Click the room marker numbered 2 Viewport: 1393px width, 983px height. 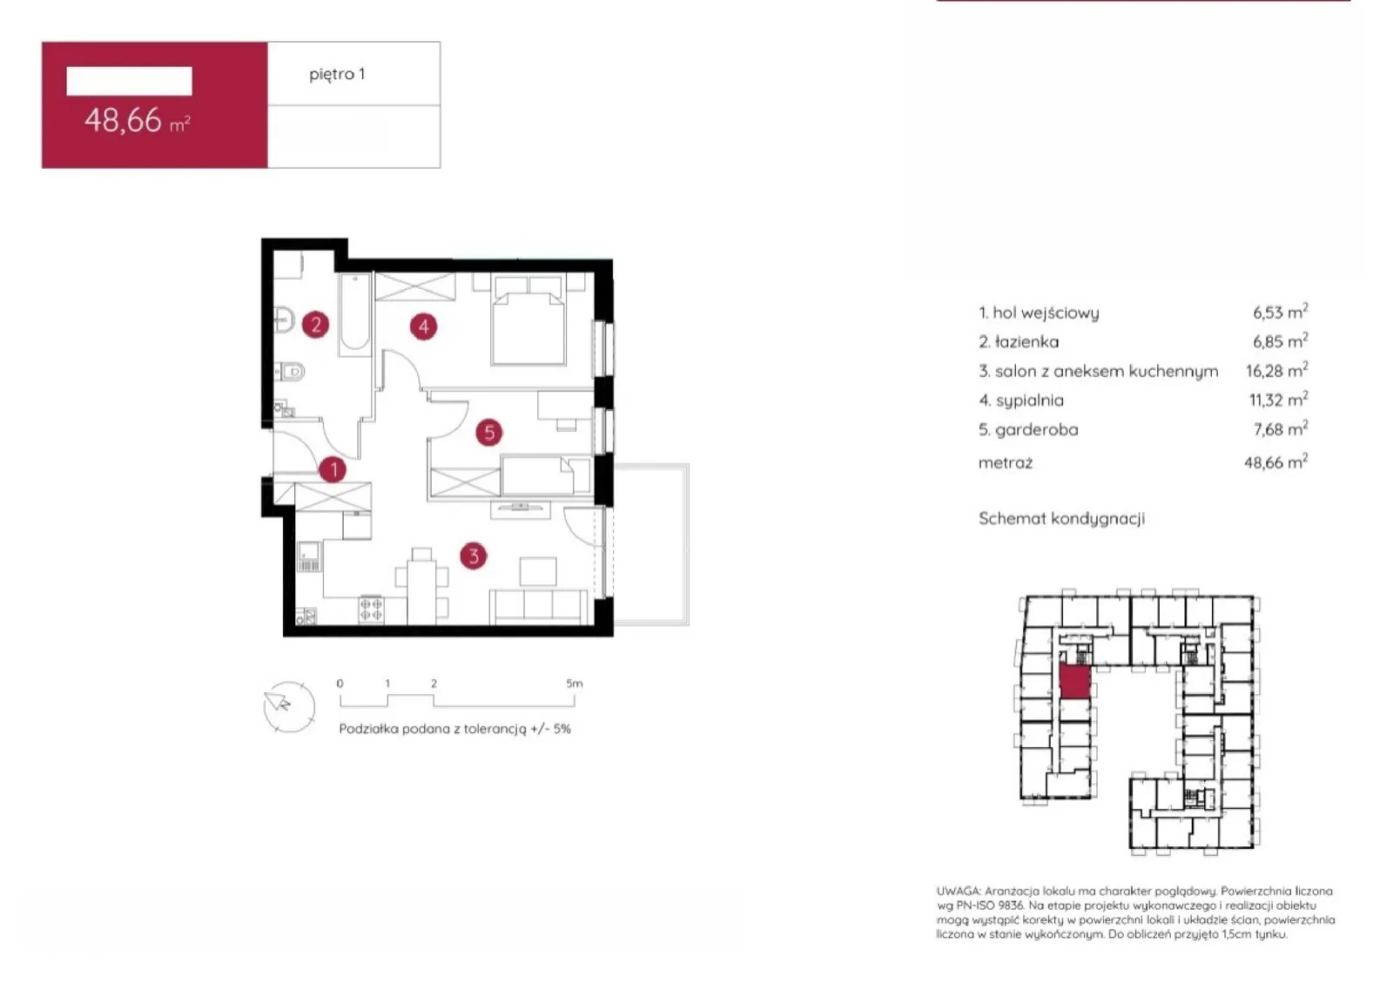[316, 325]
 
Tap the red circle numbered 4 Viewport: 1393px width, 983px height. [423, 327]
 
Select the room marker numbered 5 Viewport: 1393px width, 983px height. [488, 433]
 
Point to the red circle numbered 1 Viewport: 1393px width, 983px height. [333, 469]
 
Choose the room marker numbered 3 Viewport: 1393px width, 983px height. [474, 555]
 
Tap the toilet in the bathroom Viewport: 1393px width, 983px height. [291, 372]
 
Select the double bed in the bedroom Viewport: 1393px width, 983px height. [528, 320]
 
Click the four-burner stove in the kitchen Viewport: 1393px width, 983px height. [371, 610]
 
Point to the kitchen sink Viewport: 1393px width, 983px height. [309, 556]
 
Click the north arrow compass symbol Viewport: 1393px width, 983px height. [289, 707]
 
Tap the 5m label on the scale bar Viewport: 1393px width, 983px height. [575, 683]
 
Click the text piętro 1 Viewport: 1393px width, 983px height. [337, 75]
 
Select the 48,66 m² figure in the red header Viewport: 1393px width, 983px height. [138, 120]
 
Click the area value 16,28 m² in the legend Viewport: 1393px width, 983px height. [1276, 371]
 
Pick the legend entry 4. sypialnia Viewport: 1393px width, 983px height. [1021, 401]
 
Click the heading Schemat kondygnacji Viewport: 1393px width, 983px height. [1061, 519]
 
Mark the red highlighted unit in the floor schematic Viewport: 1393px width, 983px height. [1075, 682]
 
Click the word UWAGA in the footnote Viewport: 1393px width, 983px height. [959, 891]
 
